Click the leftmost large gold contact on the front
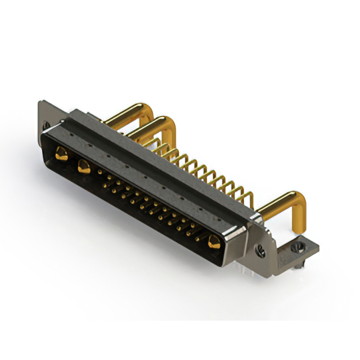(60, 152)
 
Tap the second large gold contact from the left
(84, 166)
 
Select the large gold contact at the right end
(214, 243)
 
